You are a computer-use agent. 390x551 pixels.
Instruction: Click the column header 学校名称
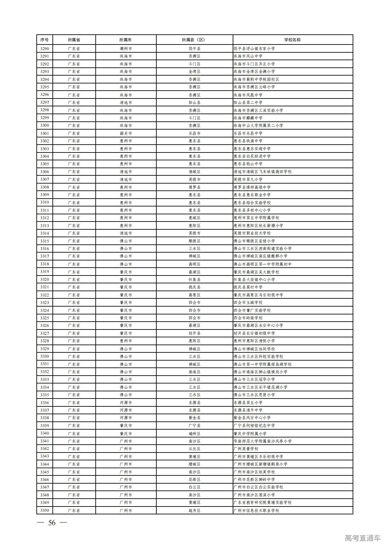[292, 40]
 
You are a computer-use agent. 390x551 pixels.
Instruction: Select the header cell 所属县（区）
[194, 40]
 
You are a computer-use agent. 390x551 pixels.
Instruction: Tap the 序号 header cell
[45, 40]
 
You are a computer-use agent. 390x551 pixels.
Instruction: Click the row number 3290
[45, 49]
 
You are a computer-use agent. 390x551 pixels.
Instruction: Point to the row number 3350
[45, 510]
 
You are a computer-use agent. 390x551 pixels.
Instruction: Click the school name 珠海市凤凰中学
[248, 95]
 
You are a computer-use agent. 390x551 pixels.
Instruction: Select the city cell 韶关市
[126, 133]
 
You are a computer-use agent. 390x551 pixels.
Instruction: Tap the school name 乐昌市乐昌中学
[248, 133]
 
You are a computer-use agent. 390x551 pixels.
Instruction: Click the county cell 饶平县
[194, 49]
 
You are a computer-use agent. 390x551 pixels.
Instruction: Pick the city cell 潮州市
[126, 49]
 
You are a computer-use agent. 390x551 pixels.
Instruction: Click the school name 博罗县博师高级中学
[252, 187]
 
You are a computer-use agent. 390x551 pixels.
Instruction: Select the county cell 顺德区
[194, 241]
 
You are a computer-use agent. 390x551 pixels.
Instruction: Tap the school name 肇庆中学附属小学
[250, 434]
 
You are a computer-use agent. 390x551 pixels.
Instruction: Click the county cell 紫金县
[194, 418]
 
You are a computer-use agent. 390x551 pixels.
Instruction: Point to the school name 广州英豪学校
[246, 449]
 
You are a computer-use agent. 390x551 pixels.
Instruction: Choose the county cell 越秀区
[194, 510]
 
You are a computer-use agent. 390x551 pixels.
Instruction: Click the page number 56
[52, 523]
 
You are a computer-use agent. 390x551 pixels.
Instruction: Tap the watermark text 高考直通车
[362, 538]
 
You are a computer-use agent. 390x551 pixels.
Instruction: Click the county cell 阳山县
[194, 102]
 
